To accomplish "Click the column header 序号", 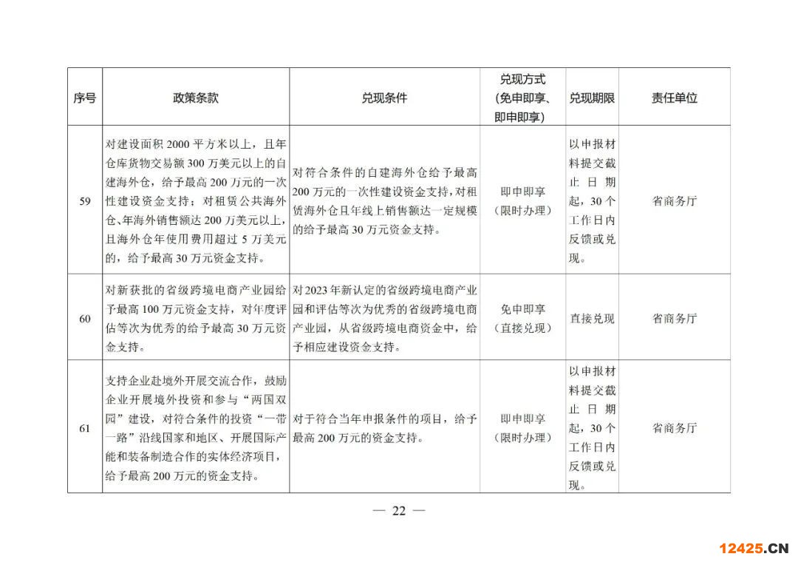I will pyautogui.click(x=85, y=98).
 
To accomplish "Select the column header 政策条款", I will pyautogui.click(x=196, y=98).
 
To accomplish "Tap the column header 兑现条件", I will pyautogui.click(x=384, y=98).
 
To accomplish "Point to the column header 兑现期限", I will pyautogui.click(x=592, y=98).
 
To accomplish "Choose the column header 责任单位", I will pyautogui.click(x=674, y=98).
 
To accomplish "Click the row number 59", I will pyautogui.click(x=85, y=200).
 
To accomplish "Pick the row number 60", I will pyautogui.click(x=85, y=319).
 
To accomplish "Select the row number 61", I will pyautogui.click(x=85, y=428).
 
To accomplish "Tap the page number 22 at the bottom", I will pyautogui.click(x=399, y=511).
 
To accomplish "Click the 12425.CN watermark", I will pyautogui.click(x=754, y=548).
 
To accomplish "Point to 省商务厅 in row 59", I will pyautogui.click(x=674, y=200).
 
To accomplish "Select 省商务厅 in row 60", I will pyautogui.click(x=674, y=319).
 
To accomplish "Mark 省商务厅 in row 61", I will pyautogui.click(x=674, y=428).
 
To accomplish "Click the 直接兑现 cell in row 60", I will pyautogui.click(x=592, y=319).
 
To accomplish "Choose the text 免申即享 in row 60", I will pyautogui.click(x=523, y=309).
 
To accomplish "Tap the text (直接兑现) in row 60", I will pyautogui.click(x=523, y=328).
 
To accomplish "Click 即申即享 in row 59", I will pyautogui.click(x=523, y=191).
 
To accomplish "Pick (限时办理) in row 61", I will pyautogui.click(x=523, y=438).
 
